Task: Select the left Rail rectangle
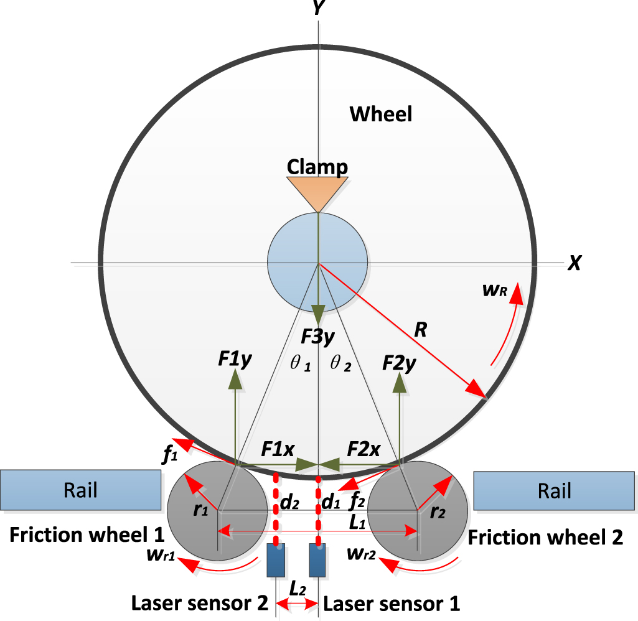[x=80, y=490]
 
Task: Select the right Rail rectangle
[x=555, y=490]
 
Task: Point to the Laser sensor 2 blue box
[x=276, y=560]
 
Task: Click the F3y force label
[x=317, y=337]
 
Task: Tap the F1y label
[x=235, y=360]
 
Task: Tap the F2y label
[x=399, y=362]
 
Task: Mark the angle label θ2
[x=340, y=365]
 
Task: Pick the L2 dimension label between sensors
[x=297, y=587]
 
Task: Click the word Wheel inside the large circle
[x=380, y=114]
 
